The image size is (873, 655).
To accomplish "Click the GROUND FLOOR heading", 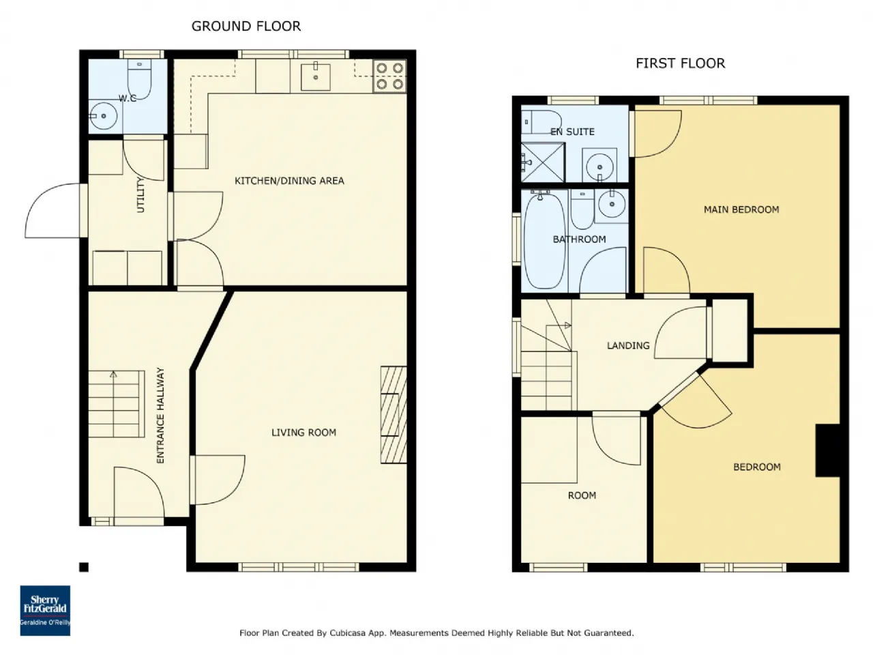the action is coord(246,26).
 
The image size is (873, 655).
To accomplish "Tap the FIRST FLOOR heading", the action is coord(680,63).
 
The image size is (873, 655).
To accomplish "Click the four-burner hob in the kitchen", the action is coord(389,76).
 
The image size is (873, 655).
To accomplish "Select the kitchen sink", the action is coord(315,76).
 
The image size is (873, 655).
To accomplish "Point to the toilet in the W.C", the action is coord(139,78).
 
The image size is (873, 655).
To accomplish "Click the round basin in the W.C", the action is coord(103,116).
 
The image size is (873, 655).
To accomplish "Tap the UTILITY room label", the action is coord(140,195).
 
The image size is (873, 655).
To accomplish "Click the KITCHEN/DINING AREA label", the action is coord(289,181).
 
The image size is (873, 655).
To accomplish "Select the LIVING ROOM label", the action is coord(304,433).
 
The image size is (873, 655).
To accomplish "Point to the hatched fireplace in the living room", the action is coord(394,414).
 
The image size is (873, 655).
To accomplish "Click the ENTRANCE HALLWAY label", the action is coord(160,416).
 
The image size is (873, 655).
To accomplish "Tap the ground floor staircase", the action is coord(116,404).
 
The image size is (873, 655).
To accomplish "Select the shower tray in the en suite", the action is coord(543,162).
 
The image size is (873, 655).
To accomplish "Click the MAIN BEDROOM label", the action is coord(741,209).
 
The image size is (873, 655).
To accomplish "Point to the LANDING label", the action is coord(628,346).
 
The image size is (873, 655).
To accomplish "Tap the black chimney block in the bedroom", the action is coord(827,450).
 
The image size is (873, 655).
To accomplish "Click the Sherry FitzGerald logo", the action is coord(45,610).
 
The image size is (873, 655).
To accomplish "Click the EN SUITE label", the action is coord(572,132).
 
